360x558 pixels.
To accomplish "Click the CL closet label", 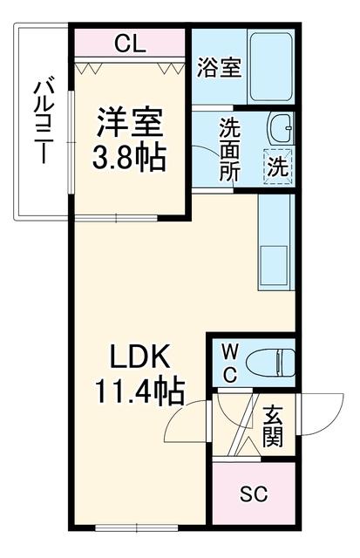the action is [x=130, y=44].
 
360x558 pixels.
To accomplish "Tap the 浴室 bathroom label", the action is [x=220, y=67].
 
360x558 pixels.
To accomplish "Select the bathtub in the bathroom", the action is [x=271, y=67].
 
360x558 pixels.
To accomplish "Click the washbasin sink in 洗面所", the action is [x=281, y=128].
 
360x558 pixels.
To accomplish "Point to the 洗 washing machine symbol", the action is [x=277, y=167].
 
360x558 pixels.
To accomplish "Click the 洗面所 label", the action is [x=230, y=149].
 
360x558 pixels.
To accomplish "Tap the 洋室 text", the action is [x=130, y=122].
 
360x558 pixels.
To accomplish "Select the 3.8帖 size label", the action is [x=130, y=157].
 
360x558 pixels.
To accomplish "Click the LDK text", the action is [x=139, y=357].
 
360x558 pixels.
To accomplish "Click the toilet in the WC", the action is [x=270, y=363].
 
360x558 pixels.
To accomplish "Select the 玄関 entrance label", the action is [x=273, y=426].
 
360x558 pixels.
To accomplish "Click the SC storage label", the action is [x=254, y=493].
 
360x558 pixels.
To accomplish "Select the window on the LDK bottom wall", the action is [x=137, y=527].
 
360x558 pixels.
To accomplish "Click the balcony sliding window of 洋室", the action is [x=71, y=142].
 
